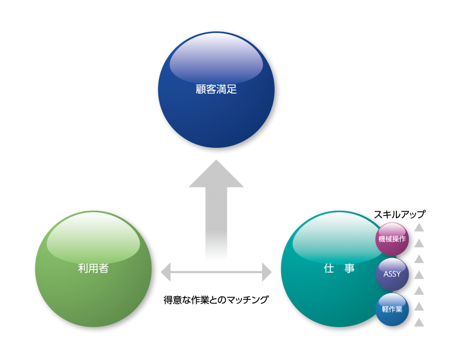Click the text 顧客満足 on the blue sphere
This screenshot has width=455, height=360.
click(216, 89)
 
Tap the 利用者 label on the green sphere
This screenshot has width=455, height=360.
click(93, 268)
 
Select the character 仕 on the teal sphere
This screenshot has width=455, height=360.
click(329, 268)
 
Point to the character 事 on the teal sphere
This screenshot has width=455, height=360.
click(350, 268)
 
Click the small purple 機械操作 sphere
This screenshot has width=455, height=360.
click(392, 239)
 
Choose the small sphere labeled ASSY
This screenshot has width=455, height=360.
click(392, 274)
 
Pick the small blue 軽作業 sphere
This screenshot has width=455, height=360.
click(392, 309)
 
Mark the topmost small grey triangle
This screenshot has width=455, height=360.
click(419, 228)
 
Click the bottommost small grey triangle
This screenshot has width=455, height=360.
click(419, 323)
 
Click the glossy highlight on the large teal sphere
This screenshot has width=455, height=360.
click(331, 237)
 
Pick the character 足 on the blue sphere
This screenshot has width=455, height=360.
click(232, 89)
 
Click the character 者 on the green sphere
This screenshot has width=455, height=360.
click(104, 268)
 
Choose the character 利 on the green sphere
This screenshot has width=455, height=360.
click(83, 268)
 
